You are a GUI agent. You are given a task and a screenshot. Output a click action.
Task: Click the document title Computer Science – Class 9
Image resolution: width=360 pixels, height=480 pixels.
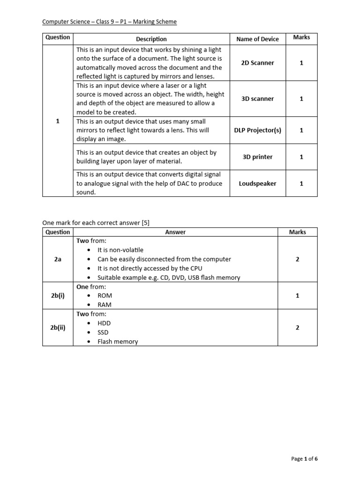pyautogui.click(x=110, y=22)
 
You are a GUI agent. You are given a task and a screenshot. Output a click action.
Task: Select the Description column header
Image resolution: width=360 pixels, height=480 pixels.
pyautogui.click(x=151, y=39)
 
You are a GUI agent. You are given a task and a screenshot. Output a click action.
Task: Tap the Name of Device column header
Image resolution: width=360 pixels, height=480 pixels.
pyautogui.click(x=257, y=39)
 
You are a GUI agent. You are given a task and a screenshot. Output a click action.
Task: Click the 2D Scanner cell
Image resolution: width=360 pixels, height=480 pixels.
pyautogui.click(x=257, y=63)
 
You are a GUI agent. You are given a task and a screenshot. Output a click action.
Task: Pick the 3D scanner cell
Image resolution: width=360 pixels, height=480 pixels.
pyautogui.click(x=257, y=99)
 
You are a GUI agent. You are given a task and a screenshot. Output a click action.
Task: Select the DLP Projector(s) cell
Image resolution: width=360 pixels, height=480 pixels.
pyautogui.click(x=257, y=130)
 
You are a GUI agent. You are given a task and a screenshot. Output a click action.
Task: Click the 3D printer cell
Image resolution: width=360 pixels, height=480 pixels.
pyautogui.click(x=257, y=157)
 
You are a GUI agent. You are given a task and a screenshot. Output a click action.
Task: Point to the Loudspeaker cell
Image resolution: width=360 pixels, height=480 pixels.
pyautogui.click(x=257, y=184)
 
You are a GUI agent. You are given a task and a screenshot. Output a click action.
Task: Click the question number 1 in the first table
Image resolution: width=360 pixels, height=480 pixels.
pyautogui.click(x=58, y=121)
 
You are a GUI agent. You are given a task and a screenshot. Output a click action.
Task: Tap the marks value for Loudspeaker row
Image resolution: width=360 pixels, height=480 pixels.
pyautogui.click(x=301, y=184)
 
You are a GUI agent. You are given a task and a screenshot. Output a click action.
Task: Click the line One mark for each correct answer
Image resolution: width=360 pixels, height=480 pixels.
pyautogui.click(x=96, y=223)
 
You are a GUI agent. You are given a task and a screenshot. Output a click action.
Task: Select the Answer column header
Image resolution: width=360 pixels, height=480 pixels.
pyautogui.click(x=175, y=232)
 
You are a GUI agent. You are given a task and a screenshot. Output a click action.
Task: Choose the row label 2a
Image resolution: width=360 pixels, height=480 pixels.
pyautogui.click(x=58, y=259)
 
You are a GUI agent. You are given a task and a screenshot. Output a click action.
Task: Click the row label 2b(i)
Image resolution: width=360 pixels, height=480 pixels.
pyautogui.click(x=58, y=296)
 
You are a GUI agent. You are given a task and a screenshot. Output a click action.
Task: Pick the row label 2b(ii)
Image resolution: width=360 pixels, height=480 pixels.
pyautogui.click(x=58, y=328)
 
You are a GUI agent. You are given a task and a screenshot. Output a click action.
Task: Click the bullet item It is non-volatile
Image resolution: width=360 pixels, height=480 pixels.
pyautogui.click(x=120, y=250)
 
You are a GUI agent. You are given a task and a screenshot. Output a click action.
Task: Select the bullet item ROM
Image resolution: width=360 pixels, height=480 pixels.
pyautogui.click(x=105, y=296)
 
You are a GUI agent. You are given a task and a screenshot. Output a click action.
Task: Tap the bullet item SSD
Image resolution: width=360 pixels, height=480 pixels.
pyautogui.click(x=103, y=332)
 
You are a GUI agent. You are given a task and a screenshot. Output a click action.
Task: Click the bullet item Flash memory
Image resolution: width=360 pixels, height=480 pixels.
pyautogui.click(x=118, y=342)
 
